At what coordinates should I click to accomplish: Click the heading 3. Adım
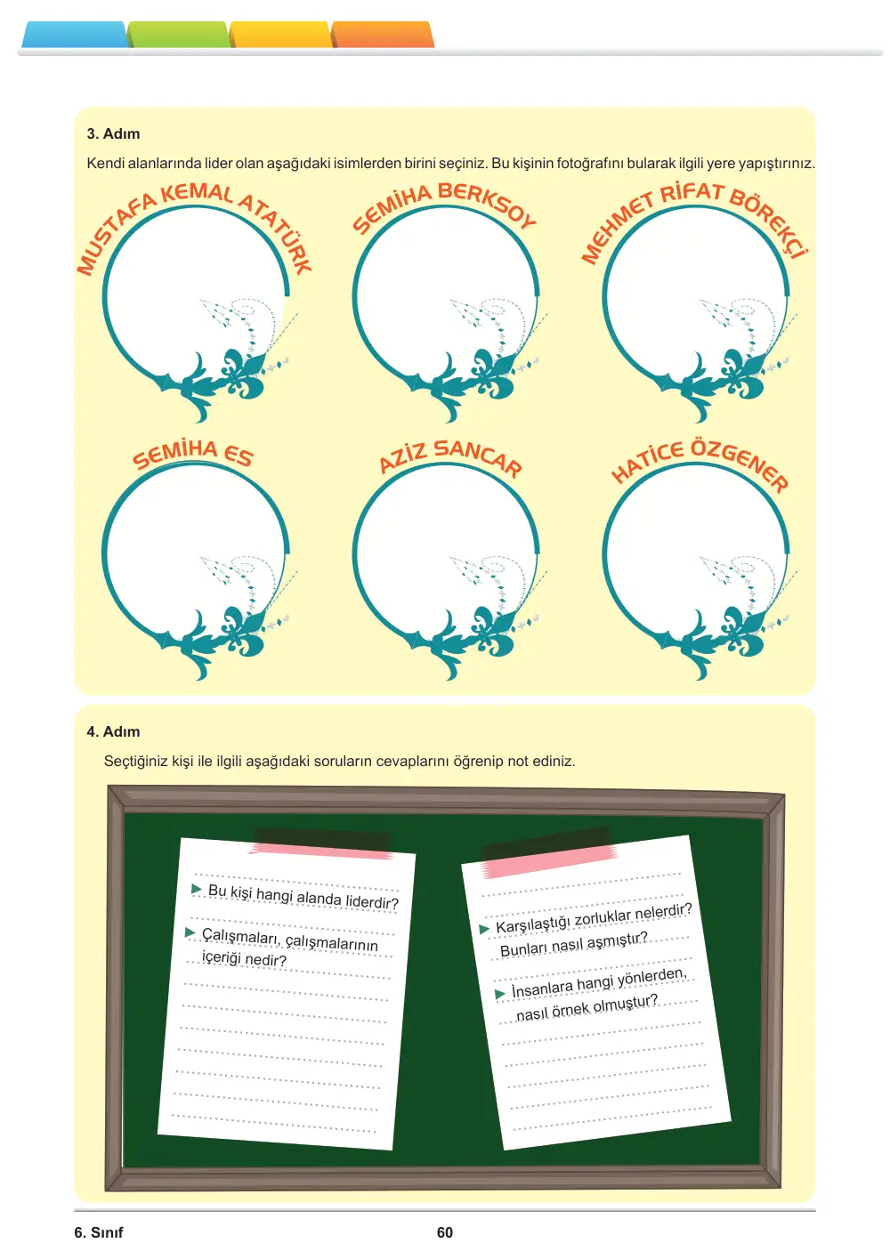pyautogui.click(x=113, y=133)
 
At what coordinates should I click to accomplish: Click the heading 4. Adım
pyautogui.click(x=113, y=731)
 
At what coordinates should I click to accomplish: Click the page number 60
pyautogui.click(x=445, y=1232)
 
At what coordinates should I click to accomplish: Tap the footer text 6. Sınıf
pyautogui.click(x=99, y=1232)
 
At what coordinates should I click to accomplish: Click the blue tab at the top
pyautogui.click(x=74, y=35)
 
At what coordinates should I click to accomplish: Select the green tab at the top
pyautogui.click(x=178, y=35)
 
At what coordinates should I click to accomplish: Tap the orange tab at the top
pyautogui.click(x=383, y=35)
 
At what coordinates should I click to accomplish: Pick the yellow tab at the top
pyautogui.click(x=280, y=35)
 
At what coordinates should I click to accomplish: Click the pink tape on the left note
pyautogui.click(x=321, y=850)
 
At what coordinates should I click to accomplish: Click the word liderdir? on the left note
pyautogui.click(x=372, y=901)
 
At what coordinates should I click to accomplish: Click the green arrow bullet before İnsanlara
pyautogui.click(x=500, y=994)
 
